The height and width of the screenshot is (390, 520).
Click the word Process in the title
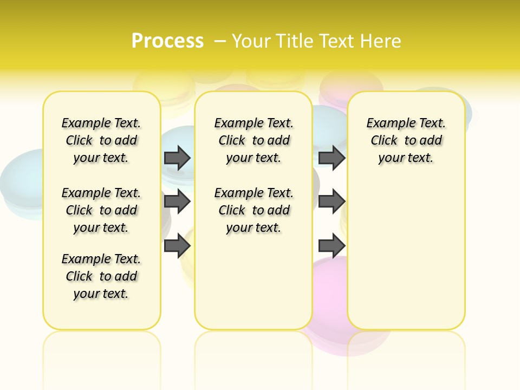tap(167, 41)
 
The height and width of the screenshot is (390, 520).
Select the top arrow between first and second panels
tap(177, 158)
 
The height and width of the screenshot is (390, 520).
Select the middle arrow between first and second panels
tap(177, 201)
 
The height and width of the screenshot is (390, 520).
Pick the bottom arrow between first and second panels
tap(177, 245)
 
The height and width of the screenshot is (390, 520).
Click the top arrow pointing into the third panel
tap(331, 158)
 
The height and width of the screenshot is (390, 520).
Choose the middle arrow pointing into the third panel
tap(331, 201)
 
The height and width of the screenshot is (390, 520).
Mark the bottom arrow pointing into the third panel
tap(331, 245)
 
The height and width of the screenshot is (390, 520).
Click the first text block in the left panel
tap(101, 140)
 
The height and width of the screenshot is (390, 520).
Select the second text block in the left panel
tap(101, 210)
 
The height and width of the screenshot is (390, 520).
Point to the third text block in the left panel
tap(101, 276)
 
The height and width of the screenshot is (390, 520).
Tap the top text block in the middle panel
tap(253, 140)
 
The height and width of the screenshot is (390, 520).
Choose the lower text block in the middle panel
tap(253, 210)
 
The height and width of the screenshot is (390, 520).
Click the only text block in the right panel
tap(406, 140)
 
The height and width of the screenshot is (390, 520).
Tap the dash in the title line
tap(220, 41)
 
